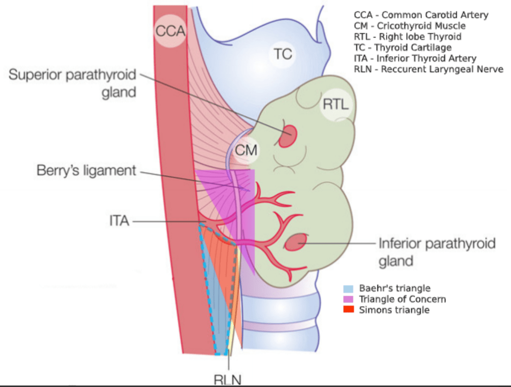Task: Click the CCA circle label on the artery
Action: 170,31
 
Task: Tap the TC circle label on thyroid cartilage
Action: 283,53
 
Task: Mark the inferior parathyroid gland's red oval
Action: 295,243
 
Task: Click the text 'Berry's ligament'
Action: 86,170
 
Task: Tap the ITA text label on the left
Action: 119,220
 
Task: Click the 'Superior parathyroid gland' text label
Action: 72,83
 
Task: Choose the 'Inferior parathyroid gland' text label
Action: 437,251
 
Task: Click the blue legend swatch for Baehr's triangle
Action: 348,288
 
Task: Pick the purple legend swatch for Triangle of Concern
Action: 348,299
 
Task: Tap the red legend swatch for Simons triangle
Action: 348,310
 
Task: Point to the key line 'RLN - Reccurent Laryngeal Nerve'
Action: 428,69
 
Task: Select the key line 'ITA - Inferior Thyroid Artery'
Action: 415,58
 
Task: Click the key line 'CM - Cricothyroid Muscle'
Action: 409,26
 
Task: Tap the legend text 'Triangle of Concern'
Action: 402,299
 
